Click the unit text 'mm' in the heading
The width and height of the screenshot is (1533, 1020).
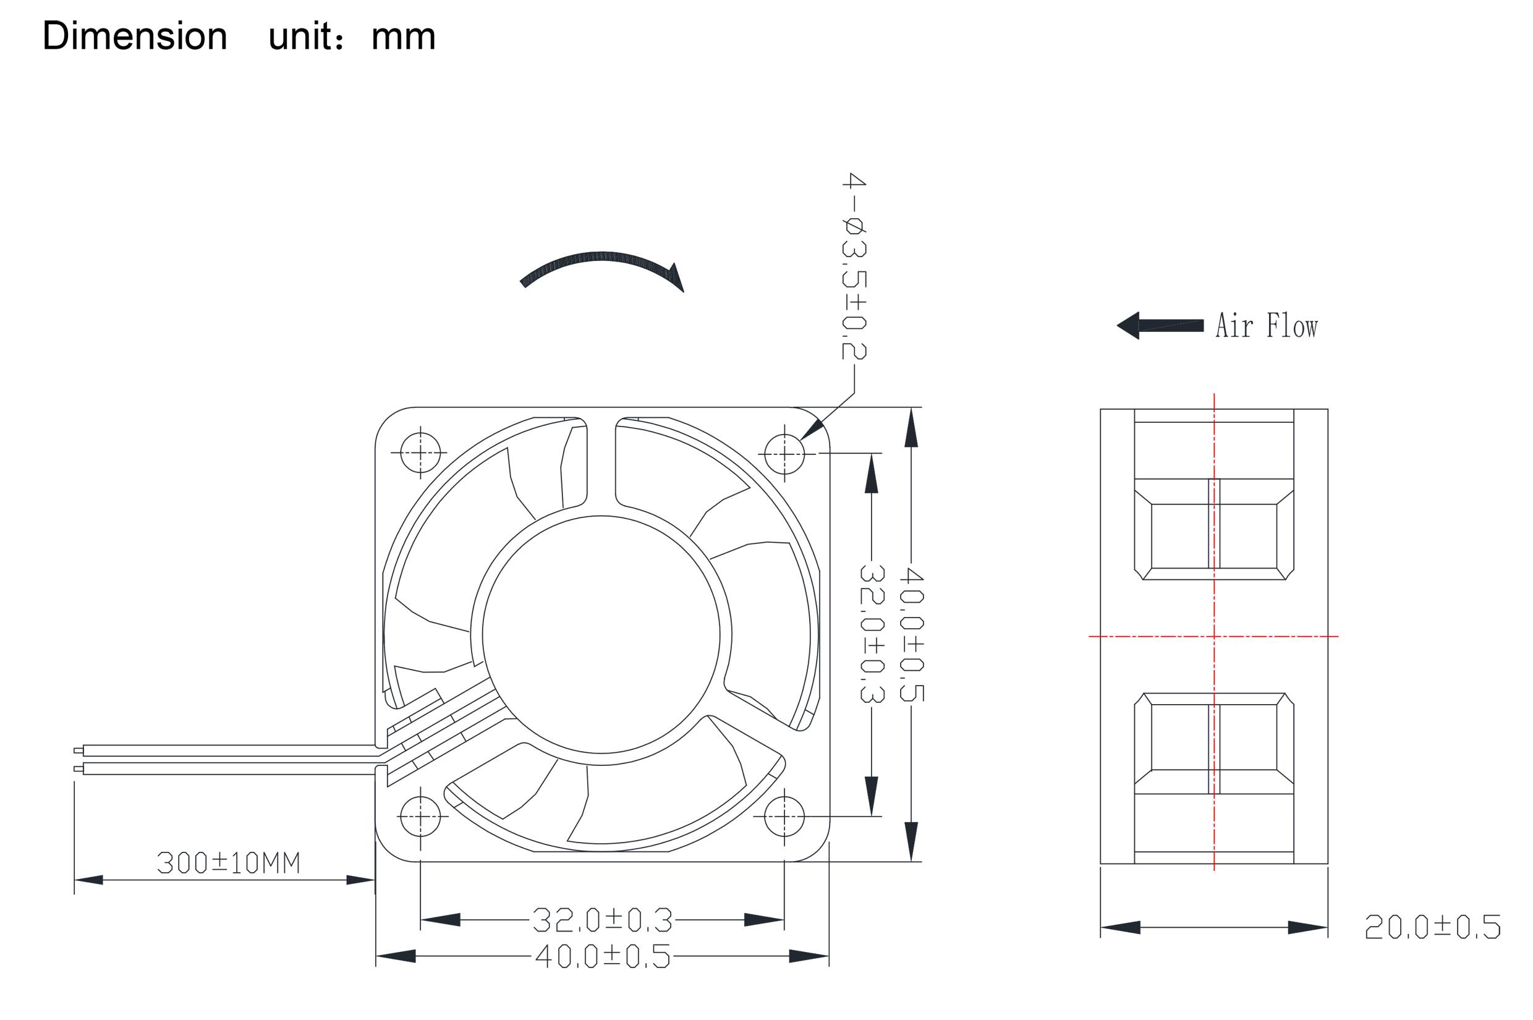click(402, 37)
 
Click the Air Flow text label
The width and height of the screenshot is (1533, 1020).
click(1266, 326)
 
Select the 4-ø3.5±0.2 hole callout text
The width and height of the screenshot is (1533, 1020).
click(853, 266)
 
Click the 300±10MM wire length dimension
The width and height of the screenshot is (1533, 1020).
click(228, 863)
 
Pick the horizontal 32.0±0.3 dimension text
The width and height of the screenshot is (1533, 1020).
click(601, 920)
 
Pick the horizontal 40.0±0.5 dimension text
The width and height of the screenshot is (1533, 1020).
click(601, 956)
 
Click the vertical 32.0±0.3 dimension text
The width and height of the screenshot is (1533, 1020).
click(872, 634)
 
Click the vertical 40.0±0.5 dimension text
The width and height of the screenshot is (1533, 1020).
click(911, 634)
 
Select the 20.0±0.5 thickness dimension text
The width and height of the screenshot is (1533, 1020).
click(1432, 927)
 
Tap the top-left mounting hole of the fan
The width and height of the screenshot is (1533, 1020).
click(420, 453)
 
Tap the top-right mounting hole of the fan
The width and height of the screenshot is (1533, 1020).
click(784, 453)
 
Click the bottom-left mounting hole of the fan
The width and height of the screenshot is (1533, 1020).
click(420, 817)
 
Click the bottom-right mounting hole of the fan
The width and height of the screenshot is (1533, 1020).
click(784, 817)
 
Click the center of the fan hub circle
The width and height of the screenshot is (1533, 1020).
click(601, 635)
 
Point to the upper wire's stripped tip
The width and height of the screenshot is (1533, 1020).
click(79, 750)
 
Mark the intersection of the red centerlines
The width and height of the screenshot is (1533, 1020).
click(1213, 636)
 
